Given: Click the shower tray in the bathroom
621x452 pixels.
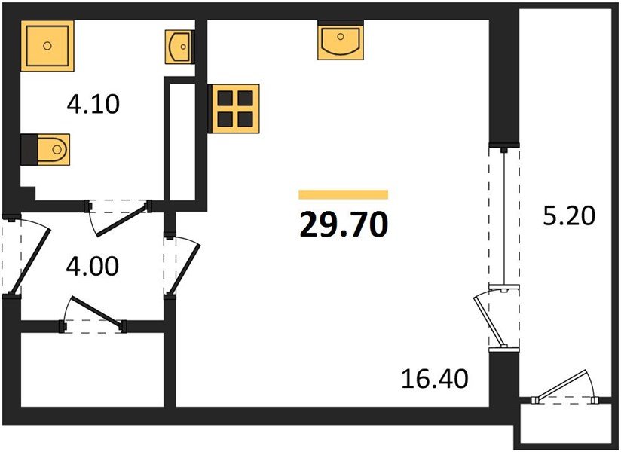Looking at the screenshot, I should click(48, 46).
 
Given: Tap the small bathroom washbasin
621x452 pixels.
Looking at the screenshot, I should click(179, 47).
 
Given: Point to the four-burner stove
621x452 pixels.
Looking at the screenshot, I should click(234, 107).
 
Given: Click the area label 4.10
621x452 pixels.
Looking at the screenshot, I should click(93, 103).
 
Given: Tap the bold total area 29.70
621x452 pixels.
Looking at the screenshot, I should click(343, 224).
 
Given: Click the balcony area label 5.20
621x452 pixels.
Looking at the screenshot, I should click(569, 216).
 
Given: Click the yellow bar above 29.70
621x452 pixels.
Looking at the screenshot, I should click(343, 194).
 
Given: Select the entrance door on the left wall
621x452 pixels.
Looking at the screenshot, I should click(23, 256).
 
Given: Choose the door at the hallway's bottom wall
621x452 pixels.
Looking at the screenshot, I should click(94, 315).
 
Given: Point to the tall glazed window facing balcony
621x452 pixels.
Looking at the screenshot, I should click(504, 215).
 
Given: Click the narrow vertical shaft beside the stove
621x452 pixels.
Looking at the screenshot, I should click(181, 141).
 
